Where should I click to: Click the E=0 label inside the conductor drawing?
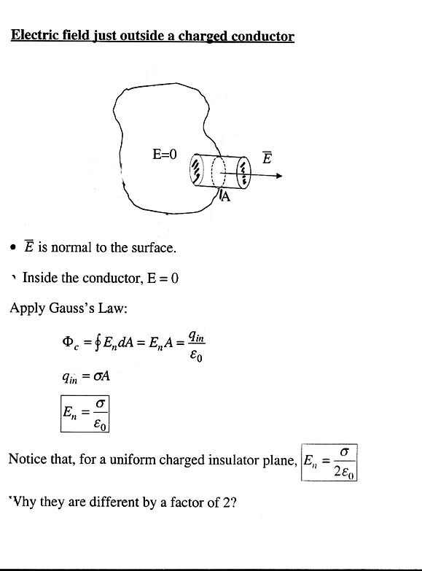(x=164, y=155)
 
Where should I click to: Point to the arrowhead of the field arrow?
(x=279, y=176)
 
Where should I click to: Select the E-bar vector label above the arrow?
(x=267, y=158)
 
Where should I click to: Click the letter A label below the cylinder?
(x=226, y=197)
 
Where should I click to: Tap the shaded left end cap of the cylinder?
(x=196, y=169)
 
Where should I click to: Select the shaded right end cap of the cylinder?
(x=244, y=173)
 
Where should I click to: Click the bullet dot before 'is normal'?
(x=13, y=248)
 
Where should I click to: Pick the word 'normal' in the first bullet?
(x=71, y=248)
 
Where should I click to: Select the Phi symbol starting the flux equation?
(x=68, y=341)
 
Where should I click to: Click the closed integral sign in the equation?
(x=97, y=343)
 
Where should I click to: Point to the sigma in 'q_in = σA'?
(x=97, y=376)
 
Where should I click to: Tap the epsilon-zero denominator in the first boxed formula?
(x=100, y=424)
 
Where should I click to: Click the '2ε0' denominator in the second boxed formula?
(x=343, y=472)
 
